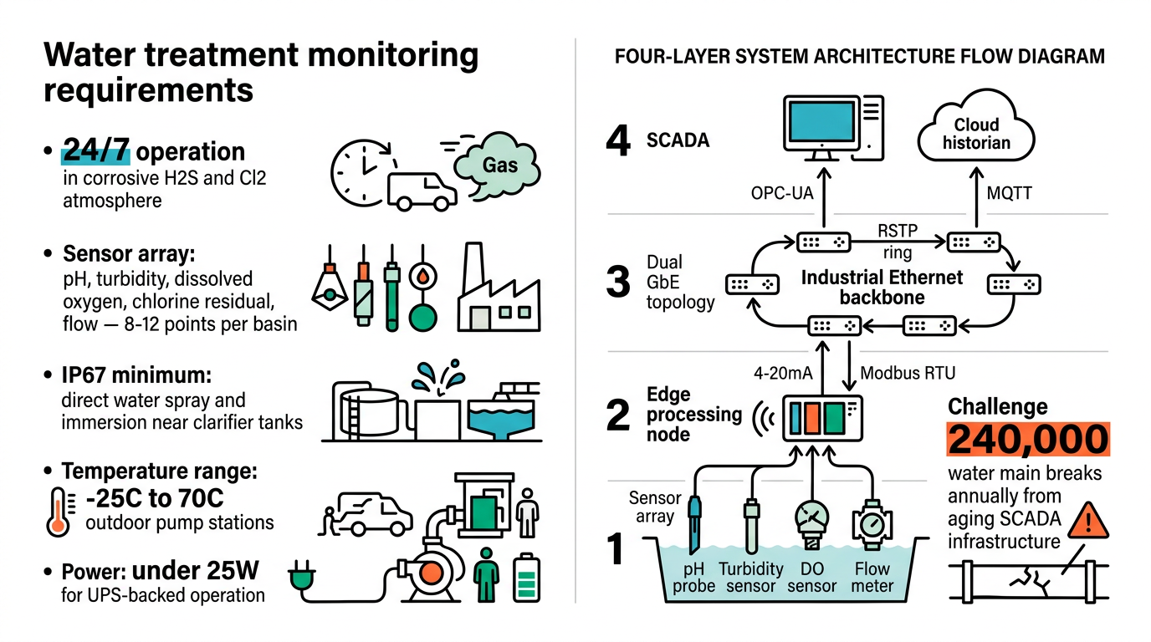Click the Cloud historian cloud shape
(976, 135)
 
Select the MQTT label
(1009, 193)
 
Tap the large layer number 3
(617, 282)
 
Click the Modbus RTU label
(908, 372)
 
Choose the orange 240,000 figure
(1028, 439)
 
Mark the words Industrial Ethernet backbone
(870, 287)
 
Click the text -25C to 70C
(155, 498)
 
